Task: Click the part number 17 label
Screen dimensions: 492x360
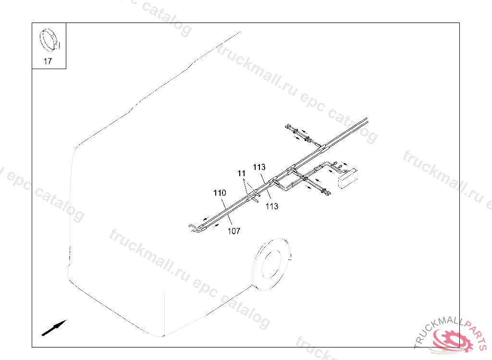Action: point(48,61)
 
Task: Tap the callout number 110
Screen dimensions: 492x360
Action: point(220,193)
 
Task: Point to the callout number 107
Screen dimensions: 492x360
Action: point(234,231)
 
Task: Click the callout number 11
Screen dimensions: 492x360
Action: point(241,173)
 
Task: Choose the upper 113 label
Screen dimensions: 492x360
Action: point(259,167)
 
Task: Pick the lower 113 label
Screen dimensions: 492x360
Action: point(272,206)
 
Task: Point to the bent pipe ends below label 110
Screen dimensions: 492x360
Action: point(195,227)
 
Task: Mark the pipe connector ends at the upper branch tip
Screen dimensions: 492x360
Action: point(290,128)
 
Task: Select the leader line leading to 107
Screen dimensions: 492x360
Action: point(230,221)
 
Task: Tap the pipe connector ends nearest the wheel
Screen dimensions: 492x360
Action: point(324,192)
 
